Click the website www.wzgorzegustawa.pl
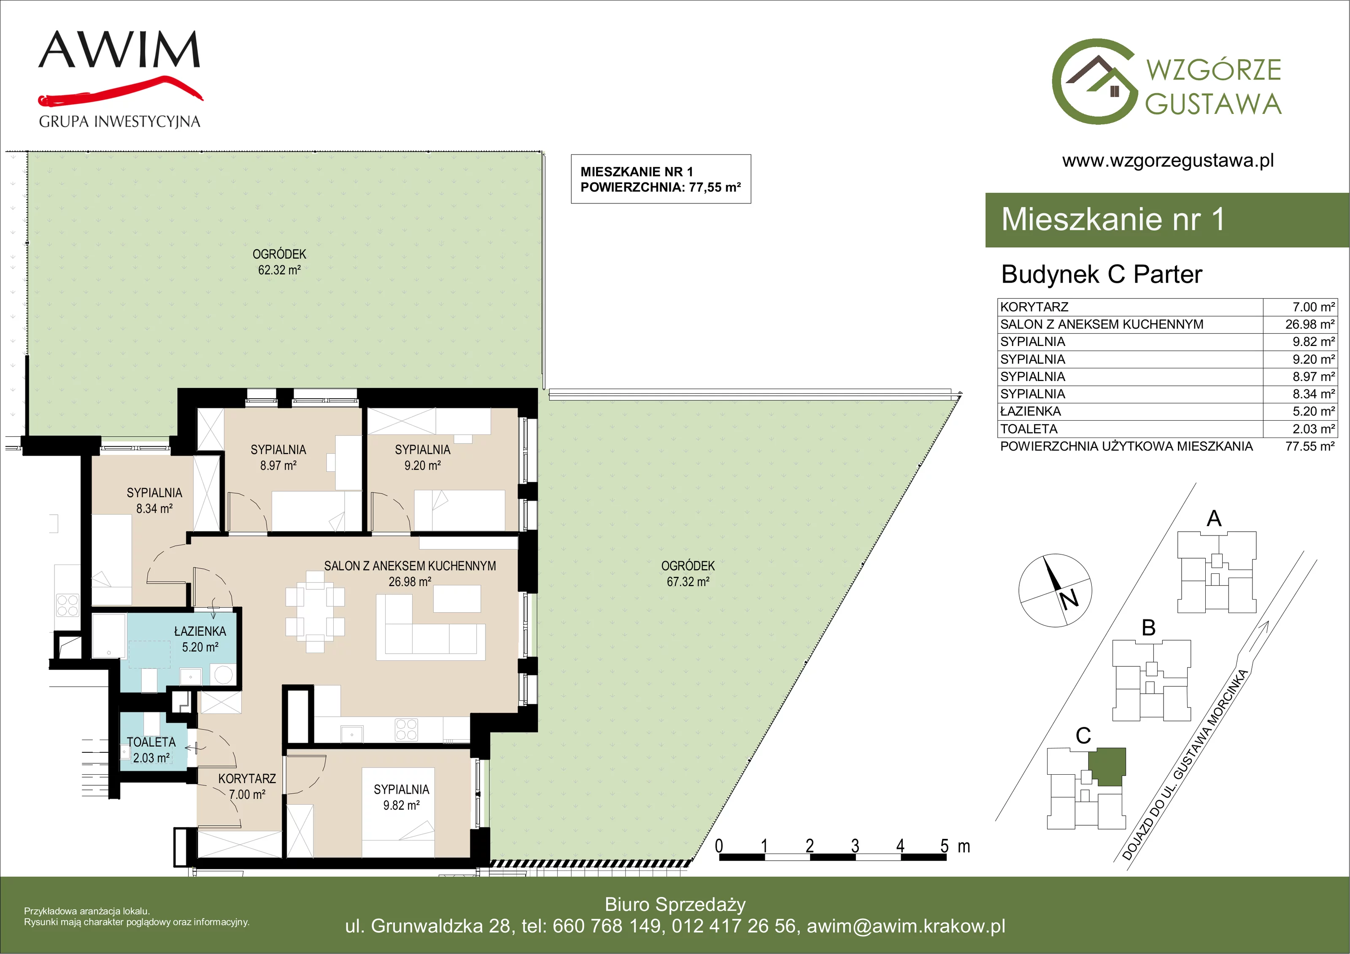click(1168, 161)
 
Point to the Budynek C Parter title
click(1101, 275)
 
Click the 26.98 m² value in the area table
click(1309, 324)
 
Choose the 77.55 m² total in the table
click(1309, 446)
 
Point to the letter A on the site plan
click(1214, 519)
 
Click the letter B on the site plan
click(1148, 627)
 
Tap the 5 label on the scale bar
click(944, 846)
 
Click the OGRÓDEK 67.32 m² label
click(688, 573)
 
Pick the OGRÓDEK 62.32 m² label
click(279, 262)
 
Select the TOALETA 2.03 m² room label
click(151, 750)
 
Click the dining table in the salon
click(315, 612)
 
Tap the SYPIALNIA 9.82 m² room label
click(401, 797)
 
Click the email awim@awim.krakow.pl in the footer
click(905, 926)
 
